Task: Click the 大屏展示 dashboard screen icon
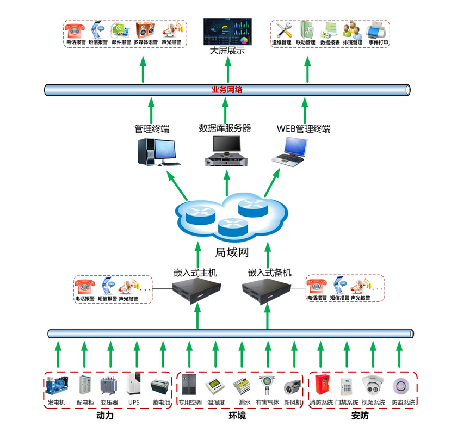pyautogui.click(x=227, y=33)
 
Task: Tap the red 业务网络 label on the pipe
pyautogui.click(x=227, y=90)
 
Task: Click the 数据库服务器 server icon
pyautogui.click(x=226, y=151)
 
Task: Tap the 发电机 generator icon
pyautogui.click(x=56, y=386)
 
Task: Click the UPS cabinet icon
pyautogui.click(x=134, y=385)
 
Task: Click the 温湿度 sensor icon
pyautogui.click(x=215, y=387)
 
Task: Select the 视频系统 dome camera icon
pyautogui.click(x=373, y=386)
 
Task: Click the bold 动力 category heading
pyautogui.click(x=105, y=416)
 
